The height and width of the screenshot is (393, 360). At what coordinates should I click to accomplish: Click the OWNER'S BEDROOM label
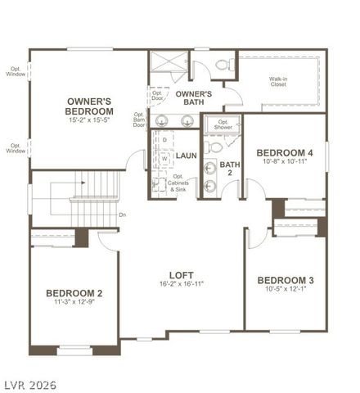(x=89, y=106)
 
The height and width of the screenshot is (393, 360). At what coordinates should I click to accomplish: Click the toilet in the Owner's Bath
(x=223, y=65)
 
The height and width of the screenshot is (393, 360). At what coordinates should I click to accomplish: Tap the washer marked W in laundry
(x=164, y=159)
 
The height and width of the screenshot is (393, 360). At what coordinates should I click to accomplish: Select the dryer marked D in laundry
(x=164, y=140)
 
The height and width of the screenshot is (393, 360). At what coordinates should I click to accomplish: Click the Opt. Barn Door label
(x=139, y=120)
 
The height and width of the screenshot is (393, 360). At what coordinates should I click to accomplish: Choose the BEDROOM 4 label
(x=284, y=152)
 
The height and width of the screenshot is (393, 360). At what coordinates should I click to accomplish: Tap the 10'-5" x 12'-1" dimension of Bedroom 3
(x=285, y=289)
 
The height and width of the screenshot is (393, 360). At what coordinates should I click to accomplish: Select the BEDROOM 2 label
(x=74, y=293)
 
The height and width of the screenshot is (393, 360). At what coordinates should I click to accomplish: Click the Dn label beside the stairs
(x=122, y=215)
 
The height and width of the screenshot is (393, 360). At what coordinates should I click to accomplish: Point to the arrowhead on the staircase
(x=73, y=198)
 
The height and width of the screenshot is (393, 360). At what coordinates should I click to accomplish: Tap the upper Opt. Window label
(x=16, y=71)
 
